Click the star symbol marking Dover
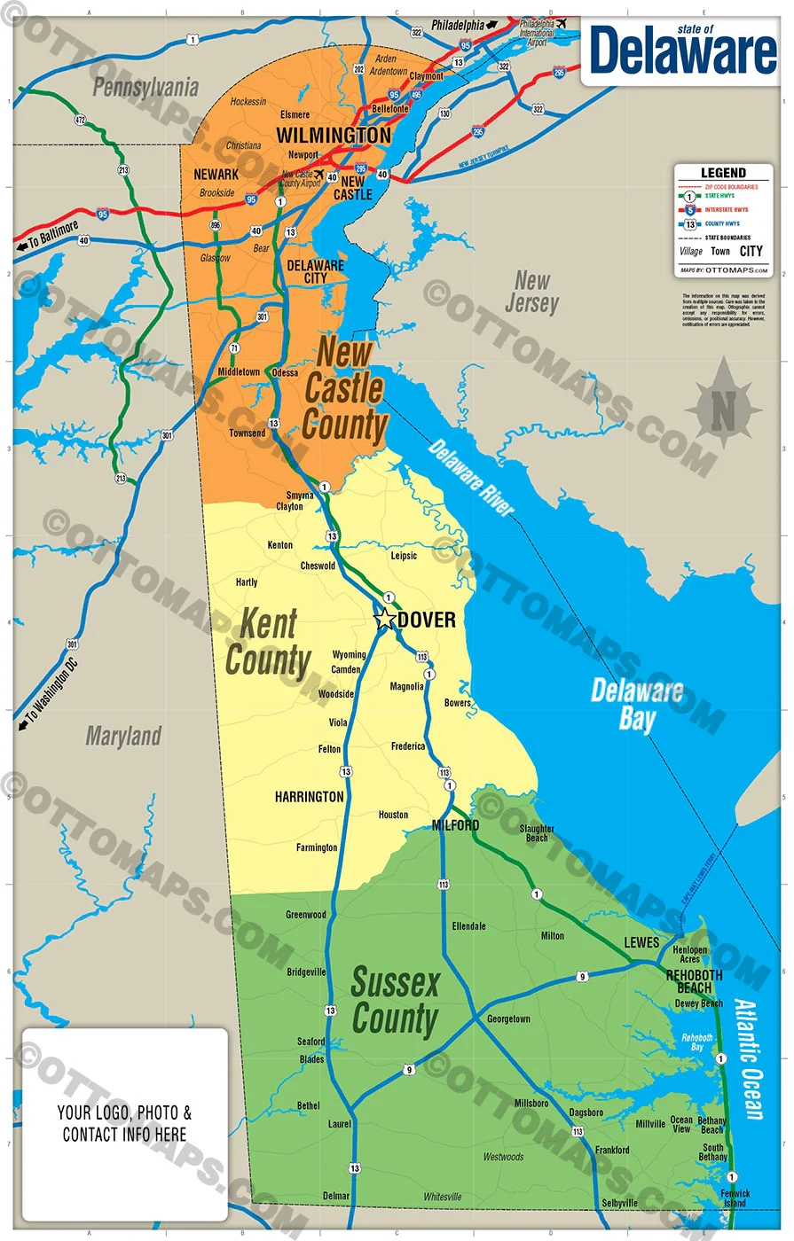[385, 619]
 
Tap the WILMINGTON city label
[334, 135]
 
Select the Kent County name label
[268, 643]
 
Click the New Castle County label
[344, 388]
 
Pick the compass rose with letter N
[723, 409]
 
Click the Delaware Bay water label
[637, 704]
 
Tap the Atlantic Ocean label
[750, 1059]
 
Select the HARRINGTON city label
[309, 797]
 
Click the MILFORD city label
[455, 825]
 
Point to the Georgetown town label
[508, 1019]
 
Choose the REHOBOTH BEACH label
[694, 981]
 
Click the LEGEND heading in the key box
[723, 173]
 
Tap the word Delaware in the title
[682, 51]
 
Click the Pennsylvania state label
[145, 87]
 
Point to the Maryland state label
[123, 736]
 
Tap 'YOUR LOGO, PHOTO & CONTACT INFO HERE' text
[124, 1123]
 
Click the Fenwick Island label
[735, 1198]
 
